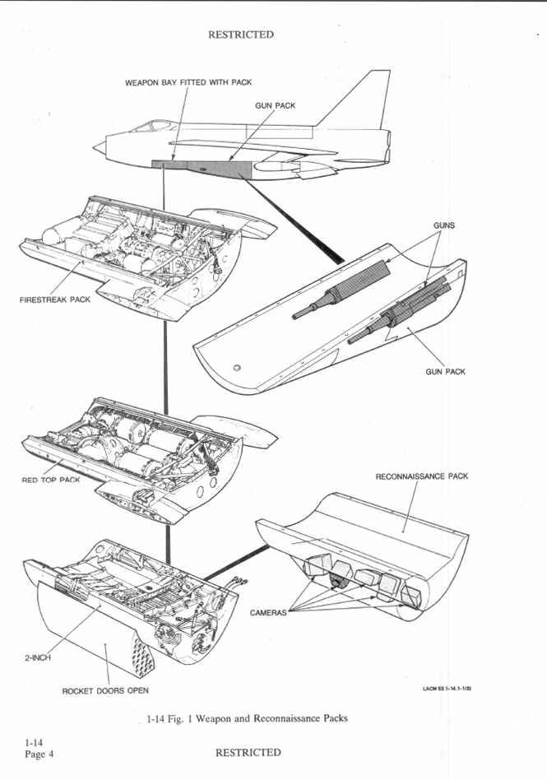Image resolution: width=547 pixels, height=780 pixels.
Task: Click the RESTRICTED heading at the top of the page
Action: tap(241, 35)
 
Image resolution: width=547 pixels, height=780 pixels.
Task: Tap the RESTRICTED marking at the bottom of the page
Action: tap(248, 752)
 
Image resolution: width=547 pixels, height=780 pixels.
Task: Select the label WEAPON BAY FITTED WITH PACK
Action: tap(188, 83)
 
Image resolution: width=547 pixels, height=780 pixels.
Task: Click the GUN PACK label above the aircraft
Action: tap(276, 106)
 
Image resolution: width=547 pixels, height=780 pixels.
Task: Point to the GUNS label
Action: tap(444, 225)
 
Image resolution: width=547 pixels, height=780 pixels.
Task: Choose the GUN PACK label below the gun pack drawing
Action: tap(445, 372)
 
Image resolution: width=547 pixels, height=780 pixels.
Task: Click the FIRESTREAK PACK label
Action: tap(55, 299)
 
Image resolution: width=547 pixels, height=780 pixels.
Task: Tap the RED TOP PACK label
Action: tap(51, 480)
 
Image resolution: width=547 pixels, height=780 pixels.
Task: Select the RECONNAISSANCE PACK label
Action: tap(422, 476)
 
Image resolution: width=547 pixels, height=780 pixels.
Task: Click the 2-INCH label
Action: tap(37, 658)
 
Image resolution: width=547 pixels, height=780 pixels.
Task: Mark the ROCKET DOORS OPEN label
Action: tap(105, 690)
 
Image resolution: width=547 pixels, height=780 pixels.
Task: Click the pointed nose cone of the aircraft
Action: tap(98, 147)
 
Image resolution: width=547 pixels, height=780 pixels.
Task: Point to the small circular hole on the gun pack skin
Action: tap(237, 367)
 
